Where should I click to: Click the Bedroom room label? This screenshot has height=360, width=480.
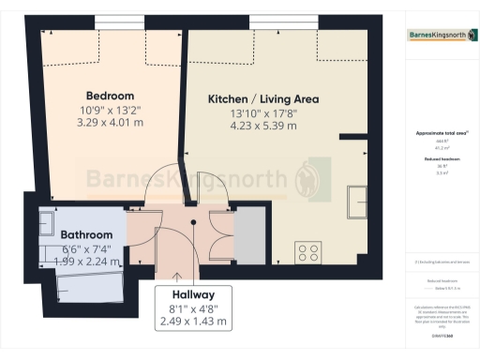coord(110,96)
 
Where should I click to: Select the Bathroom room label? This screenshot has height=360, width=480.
coord(86,234)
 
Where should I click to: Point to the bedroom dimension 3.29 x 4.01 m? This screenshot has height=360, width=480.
coord(110,122)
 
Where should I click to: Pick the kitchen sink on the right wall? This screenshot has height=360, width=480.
coord(358,201)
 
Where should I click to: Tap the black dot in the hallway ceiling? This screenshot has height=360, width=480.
coord(193,223)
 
